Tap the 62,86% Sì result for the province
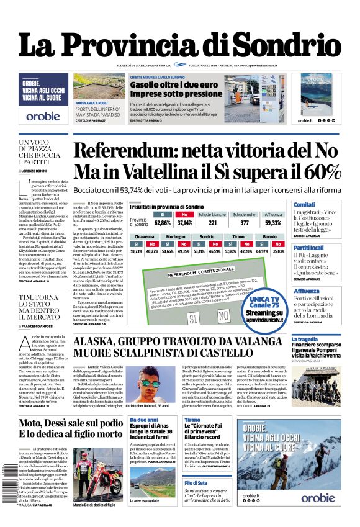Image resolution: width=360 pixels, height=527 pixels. click(162, 222)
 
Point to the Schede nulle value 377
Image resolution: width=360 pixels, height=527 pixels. click(245, 222)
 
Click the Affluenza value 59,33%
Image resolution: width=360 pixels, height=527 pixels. click(273, 222)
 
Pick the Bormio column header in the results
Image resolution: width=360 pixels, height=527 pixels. click(270, 237)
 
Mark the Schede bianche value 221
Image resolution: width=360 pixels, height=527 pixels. click(212, 222)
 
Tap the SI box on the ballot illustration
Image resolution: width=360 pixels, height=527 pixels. click(192, 317)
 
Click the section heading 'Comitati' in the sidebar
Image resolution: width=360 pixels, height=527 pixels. click(304, 204)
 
